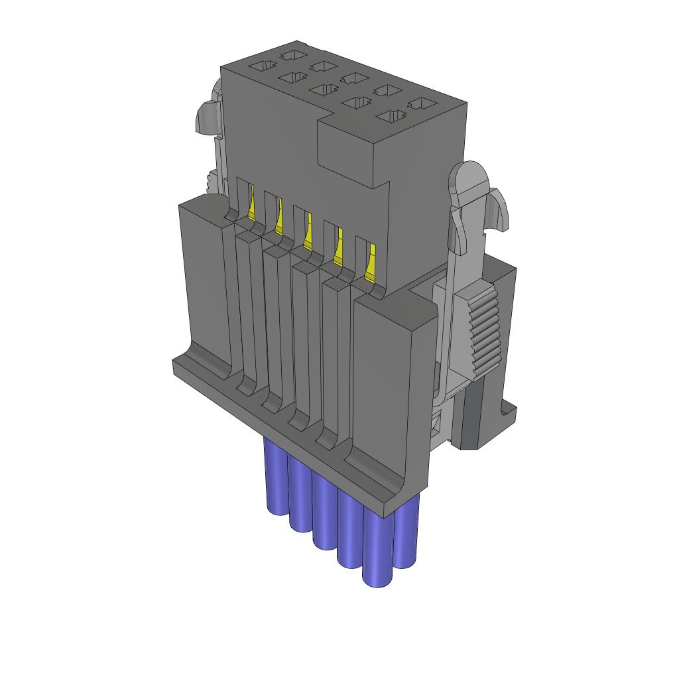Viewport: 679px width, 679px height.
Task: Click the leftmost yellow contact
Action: point(251,205)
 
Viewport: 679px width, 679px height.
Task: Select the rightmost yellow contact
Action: point(370,263)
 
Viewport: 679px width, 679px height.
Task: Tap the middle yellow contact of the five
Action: point(308,233)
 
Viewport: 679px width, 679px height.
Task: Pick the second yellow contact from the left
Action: point(278,219)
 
